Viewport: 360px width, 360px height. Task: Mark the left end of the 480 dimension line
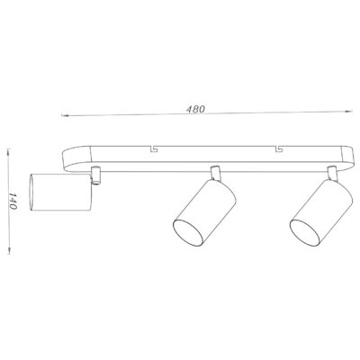click(61, 116)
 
